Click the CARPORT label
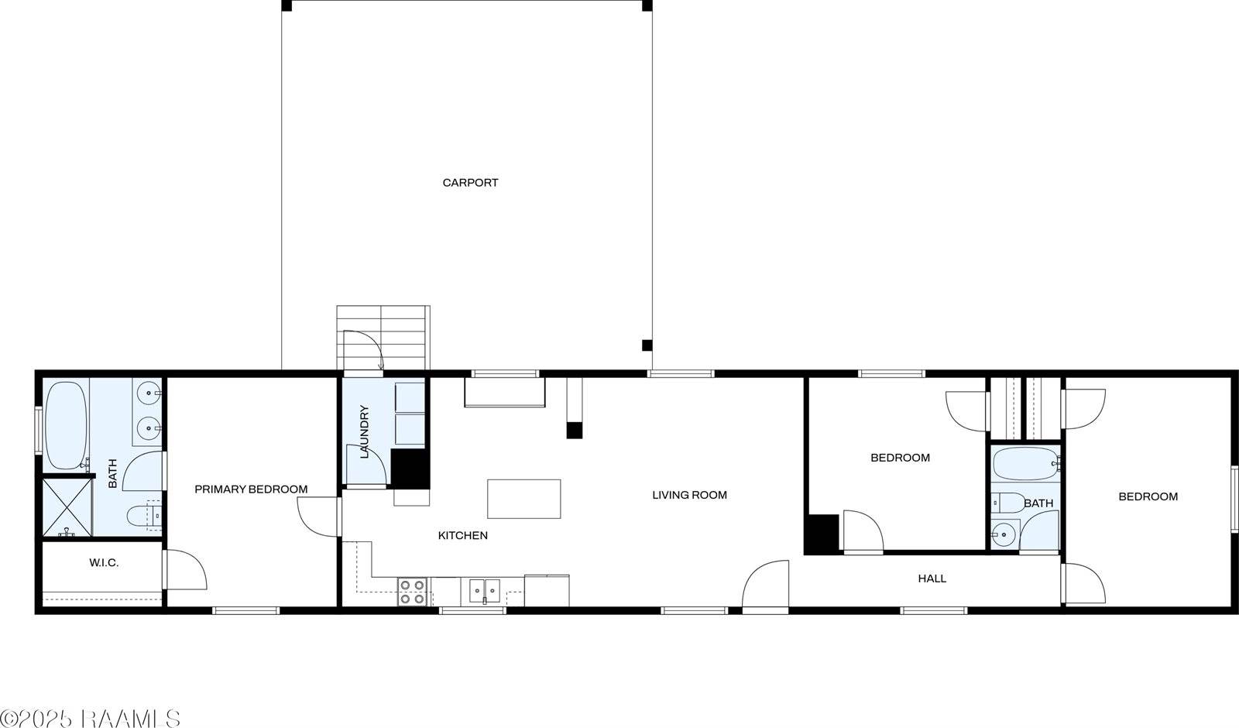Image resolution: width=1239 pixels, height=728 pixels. pyautogui.click(x=470, y=183)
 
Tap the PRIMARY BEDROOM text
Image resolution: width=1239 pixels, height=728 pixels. pyautogui.click(x=251, y=489)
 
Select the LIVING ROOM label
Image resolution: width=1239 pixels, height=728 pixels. pyautogui.click(x=689, y=495)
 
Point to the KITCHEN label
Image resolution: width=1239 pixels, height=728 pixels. pyautogui.click(x=463, y=535)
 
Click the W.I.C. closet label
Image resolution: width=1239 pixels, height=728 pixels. pyautogui.click(x=104, y=563)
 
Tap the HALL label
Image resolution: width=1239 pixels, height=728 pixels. pyautogui.click(x=932, y=579)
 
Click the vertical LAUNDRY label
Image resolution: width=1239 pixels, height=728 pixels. pyautogui.click(x=364, y=432)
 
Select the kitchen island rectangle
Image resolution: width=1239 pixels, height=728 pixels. pyautogui.click(x=523, y=499)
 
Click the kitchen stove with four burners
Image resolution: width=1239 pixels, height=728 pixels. pyautogui.click(x=412, y=592)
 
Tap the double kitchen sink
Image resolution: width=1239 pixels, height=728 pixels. pyautogui.click(x=485, y=592)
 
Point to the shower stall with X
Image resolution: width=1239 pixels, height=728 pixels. pyautogui.click(x=67, y=507)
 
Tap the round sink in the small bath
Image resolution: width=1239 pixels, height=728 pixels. pyautogui.click(x=1004, y=534)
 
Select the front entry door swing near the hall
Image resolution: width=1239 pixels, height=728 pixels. pyautogui.click(x=764, y=585)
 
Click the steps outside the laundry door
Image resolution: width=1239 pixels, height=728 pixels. pyautogui.click(x=383, y=338)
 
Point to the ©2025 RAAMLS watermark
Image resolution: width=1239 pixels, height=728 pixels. pyautogui.click(x=91, y=718)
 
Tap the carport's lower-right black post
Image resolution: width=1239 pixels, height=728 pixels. pyautogui.click(x=647, y=345)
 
